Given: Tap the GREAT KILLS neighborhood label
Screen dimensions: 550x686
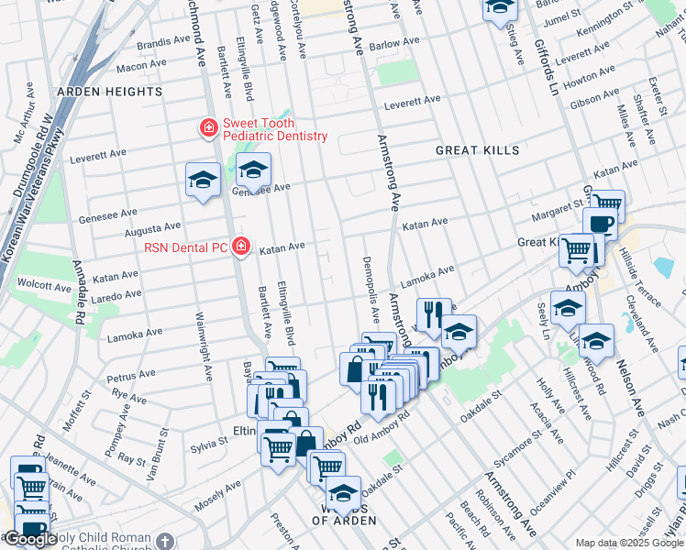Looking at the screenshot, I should tap(477, 150).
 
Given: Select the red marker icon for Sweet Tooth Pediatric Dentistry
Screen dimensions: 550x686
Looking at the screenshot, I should tap(209, 127).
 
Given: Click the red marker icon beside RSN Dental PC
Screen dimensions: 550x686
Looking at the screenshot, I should tap(241, 247).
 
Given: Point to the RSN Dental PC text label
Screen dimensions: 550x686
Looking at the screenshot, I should tap(187, 247).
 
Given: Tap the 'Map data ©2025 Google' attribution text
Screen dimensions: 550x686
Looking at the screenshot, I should tap(629, 543).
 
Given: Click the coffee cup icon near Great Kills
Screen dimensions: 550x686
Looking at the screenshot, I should tap(600, 224).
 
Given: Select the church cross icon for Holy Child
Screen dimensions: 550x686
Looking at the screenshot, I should tap(164, 542).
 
